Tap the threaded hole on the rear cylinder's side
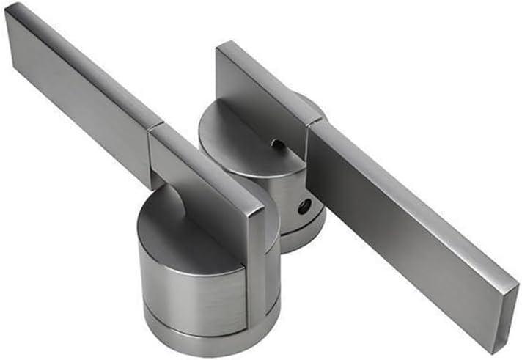click(x=304, y=207)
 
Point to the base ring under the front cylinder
click(x=205, y=336)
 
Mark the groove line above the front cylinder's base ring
click(x=198, y=321)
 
